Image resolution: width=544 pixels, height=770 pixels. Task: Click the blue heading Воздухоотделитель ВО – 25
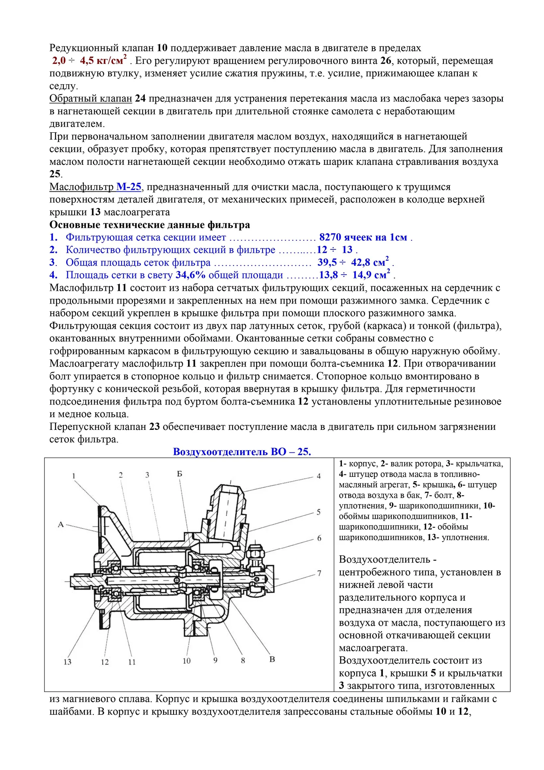[x=242, y=452]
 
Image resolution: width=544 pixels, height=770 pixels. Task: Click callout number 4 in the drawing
[x=319, y=476]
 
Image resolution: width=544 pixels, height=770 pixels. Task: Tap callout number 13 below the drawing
[x=67, y=662]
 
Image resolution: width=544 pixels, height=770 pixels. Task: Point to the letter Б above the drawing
[x=180, y=474]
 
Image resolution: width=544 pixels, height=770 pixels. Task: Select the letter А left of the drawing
[x=61, y=524]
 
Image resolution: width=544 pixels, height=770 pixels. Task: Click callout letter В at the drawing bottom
[x=272, y=659]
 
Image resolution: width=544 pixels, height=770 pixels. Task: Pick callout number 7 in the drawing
[x=319, y=573]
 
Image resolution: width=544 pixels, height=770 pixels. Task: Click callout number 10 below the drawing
[x=186, y=661]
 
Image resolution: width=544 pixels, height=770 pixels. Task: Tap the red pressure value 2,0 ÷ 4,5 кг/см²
[x=89, y=61]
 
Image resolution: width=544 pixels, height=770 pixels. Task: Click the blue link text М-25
[x=129, y=186]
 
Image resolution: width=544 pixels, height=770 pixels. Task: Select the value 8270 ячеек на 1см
[x=363, y=237]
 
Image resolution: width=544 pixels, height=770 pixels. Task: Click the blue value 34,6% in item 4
[x=190, y=275]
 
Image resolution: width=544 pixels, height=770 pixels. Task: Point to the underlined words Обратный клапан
[x=91, y=98]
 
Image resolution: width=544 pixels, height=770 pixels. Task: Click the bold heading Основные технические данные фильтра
[x=150, y=225]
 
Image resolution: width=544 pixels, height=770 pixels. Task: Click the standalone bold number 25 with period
[x=56, y=174]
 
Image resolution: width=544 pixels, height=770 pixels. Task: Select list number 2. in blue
[x=54, y=250]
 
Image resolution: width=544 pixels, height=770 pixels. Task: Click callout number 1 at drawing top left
[x=74, y=476]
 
